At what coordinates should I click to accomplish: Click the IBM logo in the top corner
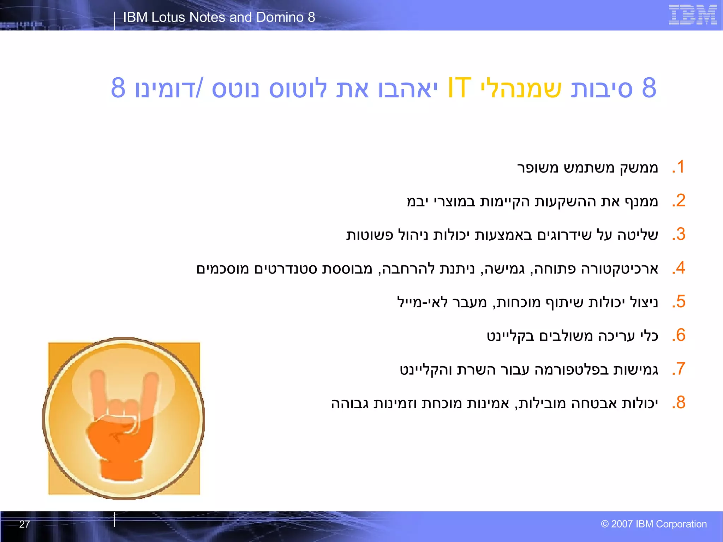point(692,15)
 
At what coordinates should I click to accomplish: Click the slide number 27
point(24,524)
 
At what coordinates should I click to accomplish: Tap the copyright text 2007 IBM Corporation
point(654,524)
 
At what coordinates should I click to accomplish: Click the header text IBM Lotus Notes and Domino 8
point(219,17)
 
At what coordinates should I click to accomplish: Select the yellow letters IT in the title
point(459,88)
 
